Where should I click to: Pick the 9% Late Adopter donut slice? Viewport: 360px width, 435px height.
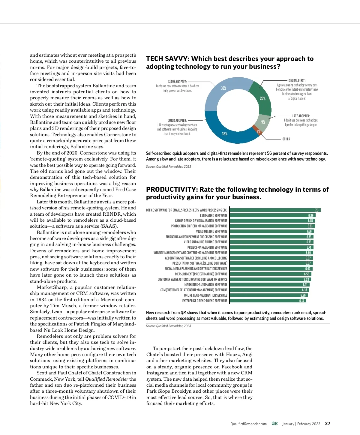click(262, 122)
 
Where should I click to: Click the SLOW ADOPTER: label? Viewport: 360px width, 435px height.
click(178, 82)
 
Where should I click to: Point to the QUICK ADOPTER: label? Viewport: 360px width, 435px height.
click(177, 120)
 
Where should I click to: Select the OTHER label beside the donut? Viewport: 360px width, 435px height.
click(286, 139)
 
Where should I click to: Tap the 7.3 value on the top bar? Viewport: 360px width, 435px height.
click(317, 210)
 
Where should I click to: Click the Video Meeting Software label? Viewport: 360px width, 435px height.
click(211, 231)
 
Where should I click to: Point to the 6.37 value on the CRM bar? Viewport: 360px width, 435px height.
click(304, 290)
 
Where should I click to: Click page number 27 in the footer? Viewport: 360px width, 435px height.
click(328, 424)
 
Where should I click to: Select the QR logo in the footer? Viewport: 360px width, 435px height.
click(274, 424)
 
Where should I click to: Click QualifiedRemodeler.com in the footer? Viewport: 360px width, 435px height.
click(248, 424)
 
